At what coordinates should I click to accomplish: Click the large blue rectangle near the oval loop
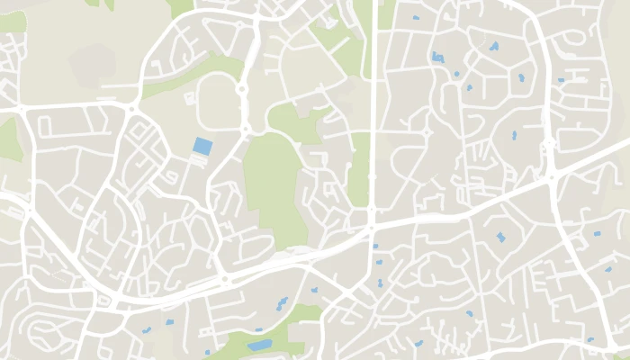click(x=203, y=146)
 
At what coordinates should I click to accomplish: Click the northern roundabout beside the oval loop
click(x=242, y=88)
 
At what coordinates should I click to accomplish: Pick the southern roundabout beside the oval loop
click(x=243, y=130)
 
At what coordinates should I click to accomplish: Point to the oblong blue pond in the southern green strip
click(x=259, y=345)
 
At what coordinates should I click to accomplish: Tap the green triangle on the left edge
click(x=8, y=139)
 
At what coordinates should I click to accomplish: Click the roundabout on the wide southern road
click(x=224, y=280)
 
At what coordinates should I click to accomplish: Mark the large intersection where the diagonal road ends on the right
click(x=552, y=175)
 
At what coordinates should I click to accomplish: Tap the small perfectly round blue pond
click(x=456, y=74)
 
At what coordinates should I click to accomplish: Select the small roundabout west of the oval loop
click(x=132, y=109)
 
